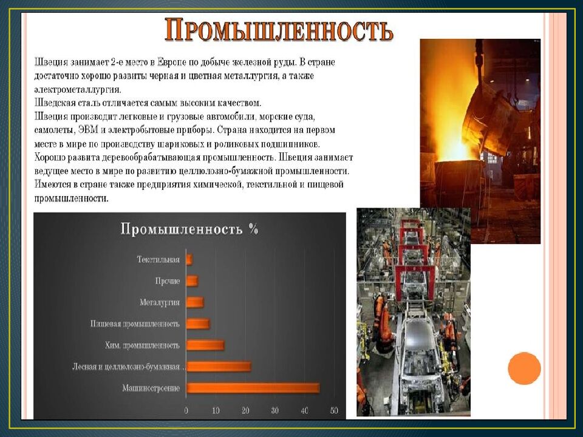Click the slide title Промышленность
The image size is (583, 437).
[x=279, y=30]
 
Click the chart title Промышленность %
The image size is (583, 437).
[x=189, y=229]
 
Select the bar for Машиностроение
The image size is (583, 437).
[x=253, y=388]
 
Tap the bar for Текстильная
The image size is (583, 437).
[x=189, y=260]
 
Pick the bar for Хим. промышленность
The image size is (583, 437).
[x=205, y=345]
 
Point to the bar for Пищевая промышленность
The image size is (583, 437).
[x=198, y=324]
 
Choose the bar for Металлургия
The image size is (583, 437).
[x=195, y=302]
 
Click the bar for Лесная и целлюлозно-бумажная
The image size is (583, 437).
[x=219, y=366]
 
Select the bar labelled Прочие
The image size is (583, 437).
[x=192, y=281]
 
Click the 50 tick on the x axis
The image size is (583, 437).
[x=334, y=411]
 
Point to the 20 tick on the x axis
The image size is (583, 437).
[x=245, y=411]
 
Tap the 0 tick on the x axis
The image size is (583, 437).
[x=186, y=411]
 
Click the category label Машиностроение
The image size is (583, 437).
[x=151, y=388]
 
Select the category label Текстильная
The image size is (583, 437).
[x=158, y=260]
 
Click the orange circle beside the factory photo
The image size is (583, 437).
[x=524, y=368]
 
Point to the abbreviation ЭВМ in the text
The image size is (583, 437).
[x=89, y=130]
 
